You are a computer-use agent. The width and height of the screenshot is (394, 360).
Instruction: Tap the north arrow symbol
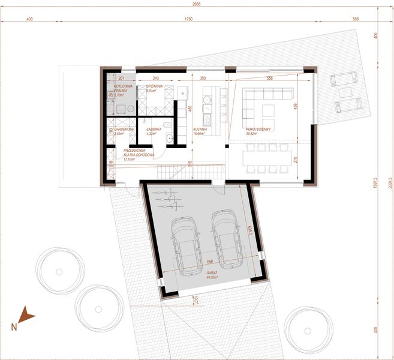23,315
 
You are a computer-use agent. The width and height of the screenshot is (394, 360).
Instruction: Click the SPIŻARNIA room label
155,86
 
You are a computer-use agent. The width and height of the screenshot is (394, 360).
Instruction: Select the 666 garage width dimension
209,262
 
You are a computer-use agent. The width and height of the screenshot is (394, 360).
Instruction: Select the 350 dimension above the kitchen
203,79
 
